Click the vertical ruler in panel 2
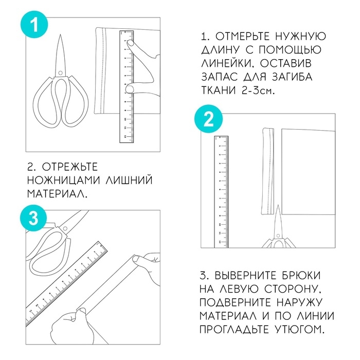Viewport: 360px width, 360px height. pyautogui.click(x=221, y=190)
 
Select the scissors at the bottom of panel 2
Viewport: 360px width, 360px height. pyautogui.click(x=277, y=231)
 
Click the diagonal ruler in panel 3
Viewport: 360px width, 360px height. pyautogui.click(x=67, y=283)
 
